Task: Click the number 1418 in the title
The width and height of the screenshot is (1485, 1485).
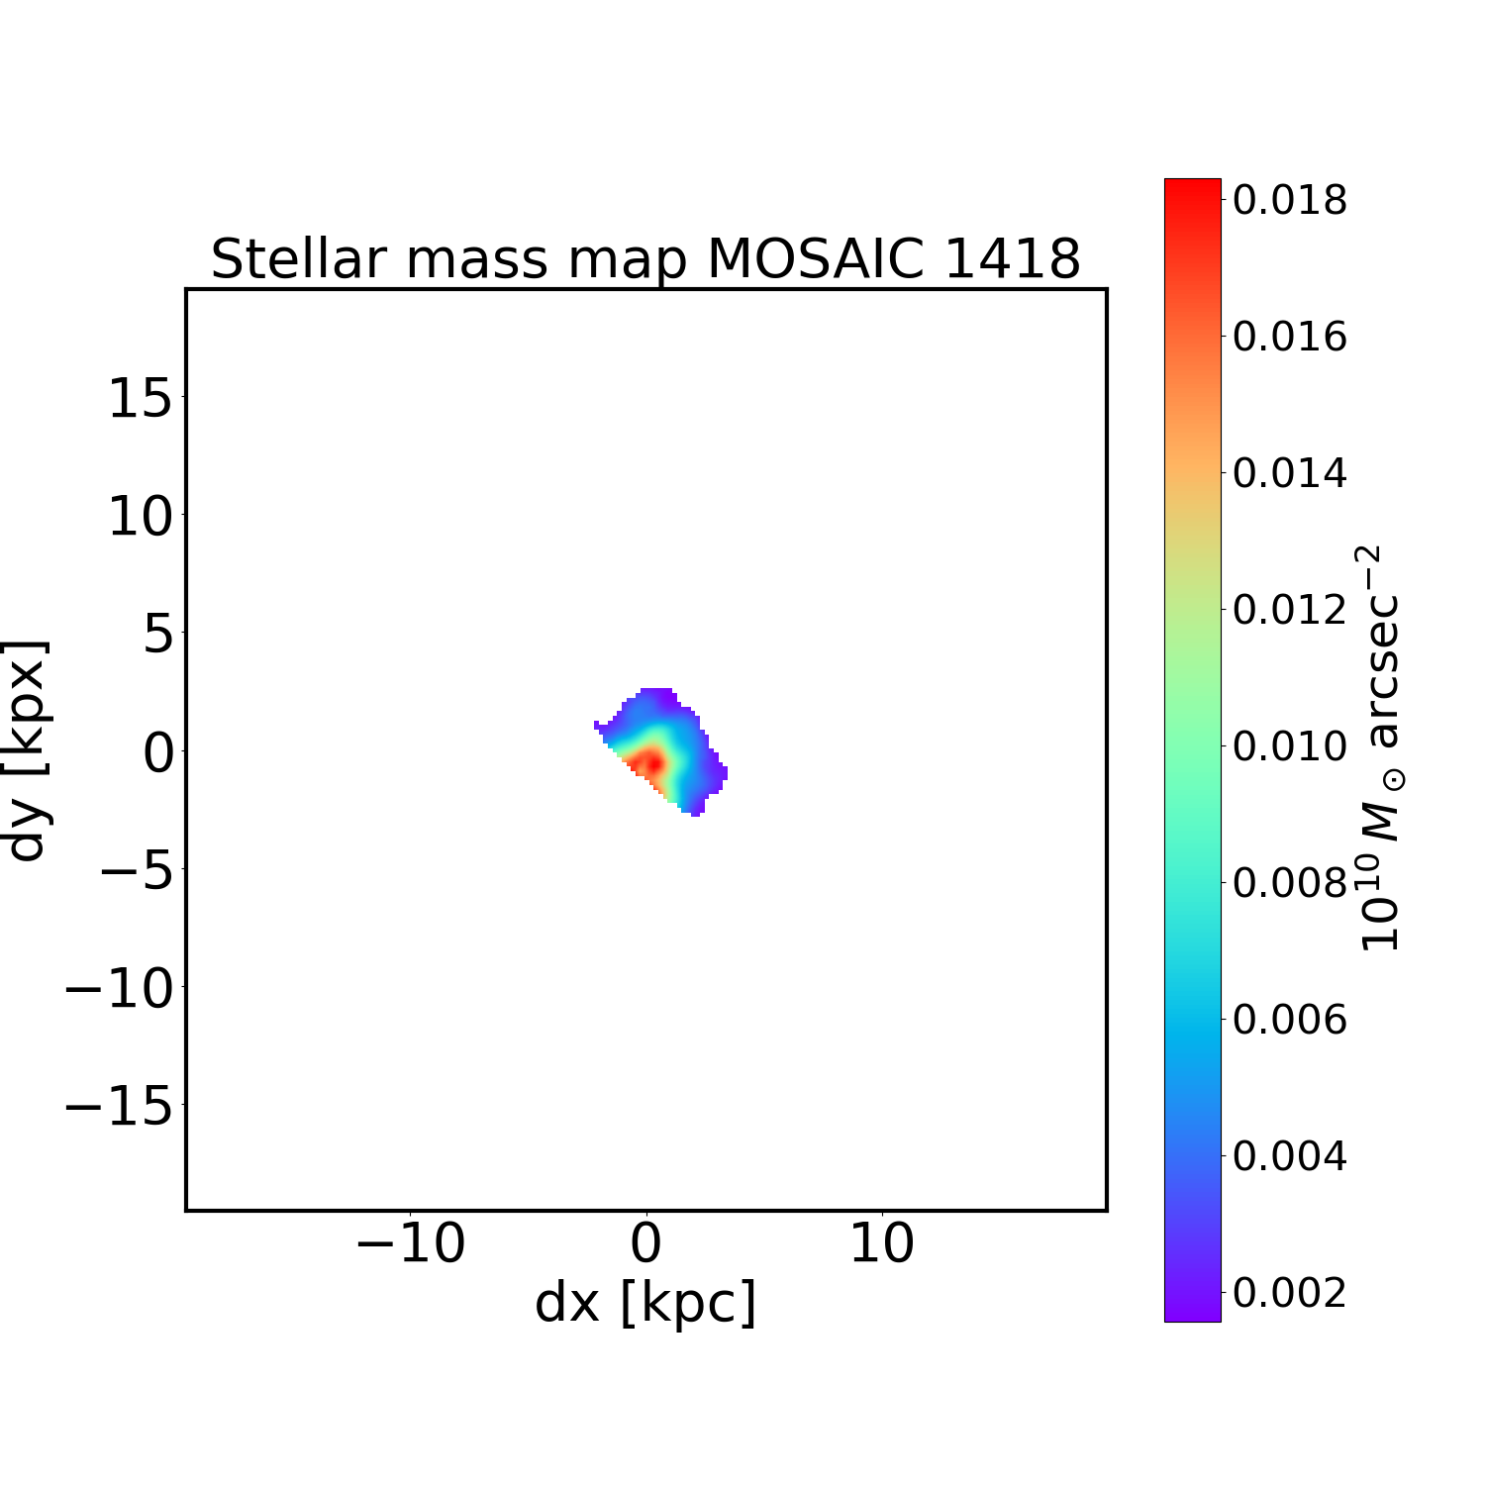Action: (x=1012, y=259)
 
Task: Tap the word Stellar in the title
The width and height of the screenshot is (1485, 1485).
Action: (x=293, y=259)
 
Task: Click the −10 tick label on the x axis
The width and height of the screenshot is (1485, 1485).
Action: (x=410, y=1243)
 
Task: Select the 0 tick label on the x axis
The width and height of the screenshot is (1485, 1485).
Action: (x=645, y=1243)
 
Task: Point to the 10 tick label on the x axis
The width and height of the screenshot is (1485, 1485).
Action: (x=881, y=1243)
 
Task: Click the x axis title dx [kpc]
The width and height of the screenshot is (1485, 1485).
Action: (x=645, y=1303)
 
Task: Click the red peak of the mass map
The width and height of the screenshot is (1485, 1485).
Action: (x=649, y=762)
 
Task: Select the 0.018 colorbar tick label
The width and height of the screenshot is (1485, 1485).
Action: (x=1289, y=200)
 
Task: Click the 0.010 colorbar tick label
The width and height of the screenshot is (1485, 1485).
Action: (x=1289, y=745)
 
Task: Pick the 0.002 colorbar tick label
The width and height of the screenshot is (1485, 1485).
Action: (x=1289, y=1292)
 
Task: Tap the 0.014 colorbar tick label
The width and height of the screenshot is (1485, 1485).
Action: (x=1289, y=473)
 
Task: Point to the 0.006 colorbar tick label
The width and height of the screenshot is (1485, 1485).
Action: (x=1289, y=1019)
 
